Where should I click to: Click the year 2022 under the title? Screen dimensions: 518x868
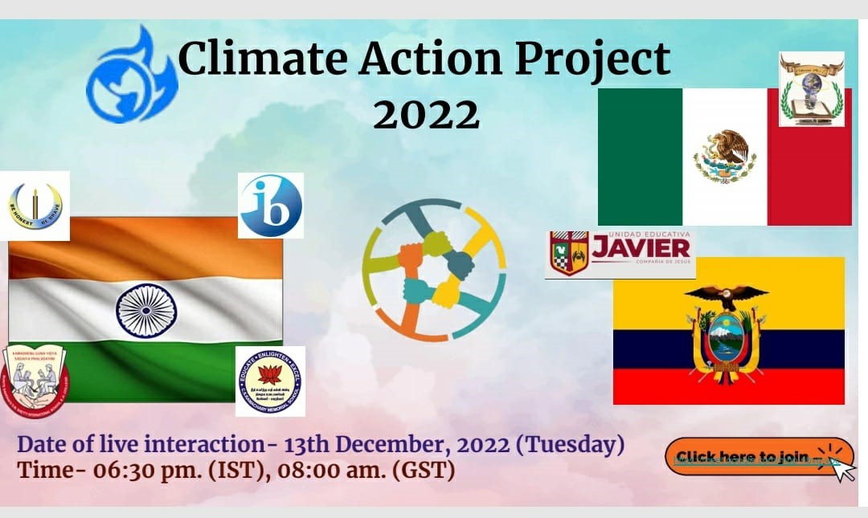[426, 114]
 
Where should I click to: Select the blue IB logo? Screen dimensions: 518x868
[271, 206]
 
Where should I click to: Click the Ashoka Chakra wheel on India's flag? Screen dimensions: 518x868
[145, 310]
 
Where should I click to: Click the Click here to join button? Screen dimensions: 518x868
[747, 457]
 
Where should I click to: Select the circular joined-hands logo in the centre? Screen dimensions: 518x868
[434, 270]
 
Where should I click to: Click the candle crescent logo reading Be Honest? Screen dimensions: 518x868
[35, 206]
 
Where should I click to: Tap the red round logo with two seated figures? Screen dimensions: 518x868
[35, 380]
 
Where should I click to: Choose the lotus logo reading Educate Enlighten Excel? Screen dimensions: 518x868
[270, 381]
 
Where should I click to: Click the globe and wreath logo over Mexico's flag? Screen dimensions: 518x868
[811, 89]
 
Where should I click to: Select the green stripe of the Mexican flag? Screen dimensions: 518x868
[640, 157]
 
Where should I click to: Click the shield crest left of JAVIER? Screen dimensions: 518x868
[568, 253]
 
